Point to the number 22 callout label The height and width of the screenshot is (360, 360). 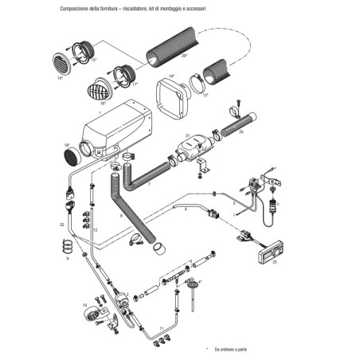(60, 226)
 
